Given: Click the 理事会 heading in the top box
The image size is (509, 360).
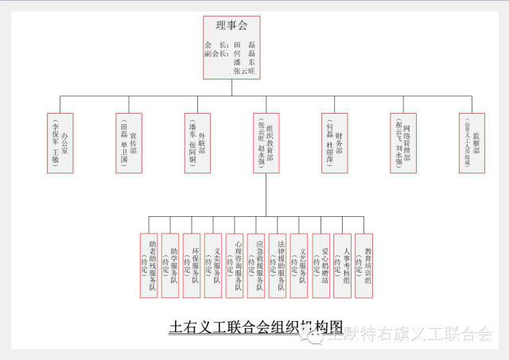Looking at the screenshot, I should (231, 25).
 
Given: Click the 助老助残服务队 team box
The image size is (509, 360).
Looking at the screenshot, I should (148, 265).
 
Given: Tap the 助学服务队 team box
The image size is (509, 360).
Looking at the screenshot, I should (169, 265).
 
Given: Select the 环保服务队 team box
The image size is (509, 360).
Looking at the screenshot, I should (191, 265).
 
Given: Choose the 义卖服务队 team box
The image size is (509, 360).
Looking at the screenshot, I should (212, 265).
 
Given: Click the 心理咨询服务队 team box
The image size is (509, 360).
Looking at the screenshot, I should (234, 265).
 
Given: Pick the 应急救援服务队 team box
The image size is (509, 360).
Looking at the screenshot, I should (255, 265).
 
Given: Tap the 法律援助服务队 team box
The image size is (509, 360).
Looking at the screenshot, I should (277, 265).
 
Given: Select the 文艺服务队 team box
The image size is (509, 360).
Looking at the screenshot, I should (298, 265).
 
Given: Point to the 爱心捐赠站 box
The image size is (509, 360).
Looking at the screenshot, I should (321, 265).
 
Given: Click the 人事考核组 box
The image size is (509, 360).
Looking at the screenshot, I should (342, 265).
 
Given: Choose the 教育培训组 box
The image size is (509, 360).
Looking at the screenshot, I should (363, 265).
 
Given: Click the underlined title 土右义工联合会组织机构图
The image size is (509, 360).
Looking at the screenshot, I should (256, 327).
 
